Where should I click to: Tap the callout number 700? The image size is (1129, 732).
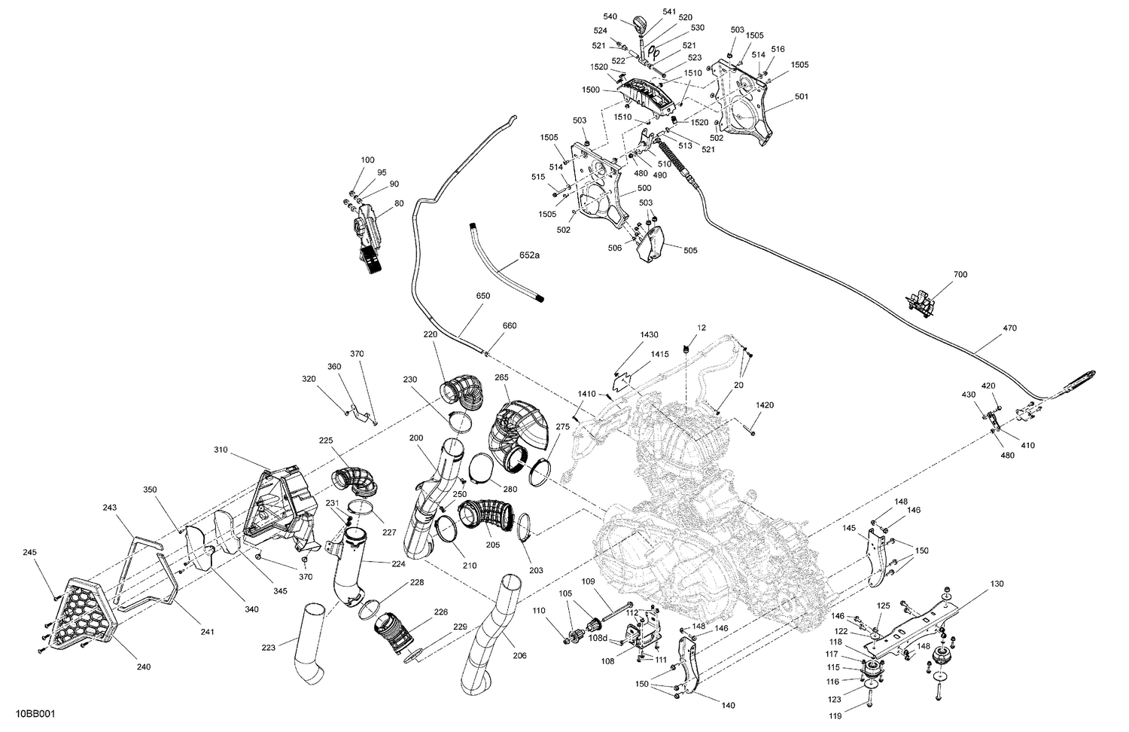[x=960, y=275]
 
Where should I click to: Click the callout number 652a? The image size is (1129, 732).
[x=529, y=256]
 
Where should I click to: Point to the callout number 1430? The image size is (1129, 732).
[x=649, y=334]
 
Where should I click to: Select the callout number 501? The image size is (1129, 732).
[x=801, y=96]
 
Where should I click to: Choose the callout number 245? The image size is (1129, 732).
[x=29, y=553]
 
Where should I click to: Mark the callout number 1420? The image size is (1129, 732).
[x=765, y=405]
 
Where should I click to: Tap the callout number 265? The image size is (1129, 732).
[x=502, y=377]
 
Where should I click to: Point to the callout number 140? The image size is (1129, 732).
[x=728, y=706]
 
